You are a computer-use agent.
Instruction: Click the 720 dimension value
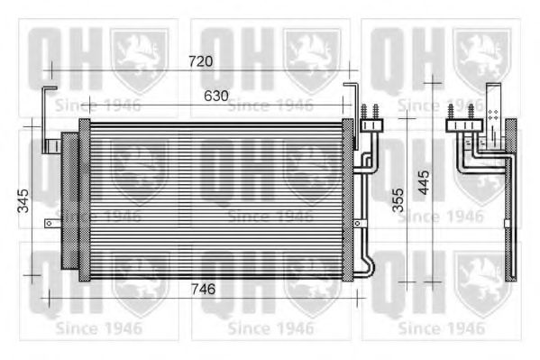coord(200,61)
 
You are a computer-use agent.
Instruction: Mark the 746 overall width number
coord(206,289)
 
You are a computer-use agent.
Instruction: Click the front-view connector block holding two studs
coord(371,126)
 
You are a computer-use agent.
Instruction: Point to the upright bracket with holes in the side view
coord(492,113)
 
